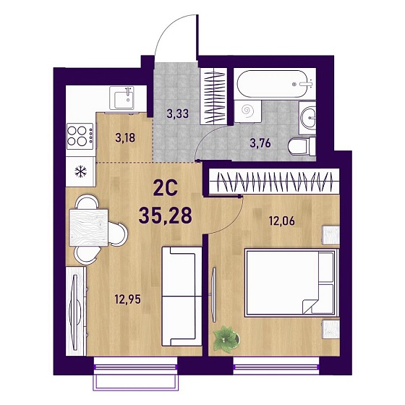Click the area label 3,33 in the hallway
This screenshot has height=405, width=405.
point(178,114)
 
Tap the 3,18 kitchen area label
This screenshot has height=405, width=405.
point(125,137)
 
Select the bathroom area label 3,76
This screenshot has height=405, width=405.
point(260,143)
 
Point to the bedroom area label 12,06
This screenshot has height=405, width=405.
point(282,221)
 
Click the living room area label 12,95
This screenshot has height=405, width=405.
point(128,299)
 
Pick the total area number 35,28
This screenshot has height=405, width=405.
point(166,216)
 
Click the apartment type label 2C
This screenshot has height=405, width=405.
point(166,188)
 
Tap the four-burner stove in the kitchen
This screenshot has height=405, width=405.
point(80,136)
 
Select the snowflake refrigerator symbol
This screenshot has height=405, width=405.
point(80,171)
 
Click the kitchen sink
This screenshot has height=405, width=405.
point(122,98)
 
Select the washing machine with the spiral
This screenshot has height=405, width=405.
point(248,111)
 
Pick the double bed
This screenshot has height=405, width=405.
point(291,282)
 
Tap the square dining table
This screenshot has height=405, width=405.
point(88,228)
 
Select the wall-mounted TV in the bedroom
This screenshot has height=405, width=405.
point(213,295)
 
